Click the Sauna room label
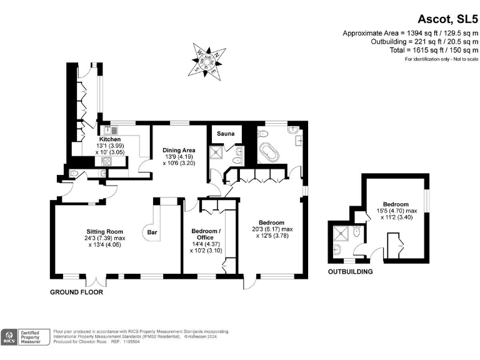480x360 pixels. tap(226, 134)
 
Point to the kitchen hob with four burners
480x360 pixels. tap(104, 162)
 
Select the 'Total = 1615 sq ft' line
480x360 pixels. tap(431, 51)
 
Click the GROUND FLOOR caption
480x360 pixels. tap(77, 292)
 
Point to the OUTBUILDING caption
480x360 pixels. tap(351, 272)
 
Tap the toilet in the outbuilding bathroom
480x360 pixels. tap(356, 232)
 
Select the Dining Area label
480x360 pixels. tap(179, 150)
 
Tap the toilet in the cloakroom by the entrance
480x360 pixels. tap(74, 174)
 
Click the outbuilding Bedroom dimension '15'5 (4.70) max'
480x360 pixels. tap(396, 212)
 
